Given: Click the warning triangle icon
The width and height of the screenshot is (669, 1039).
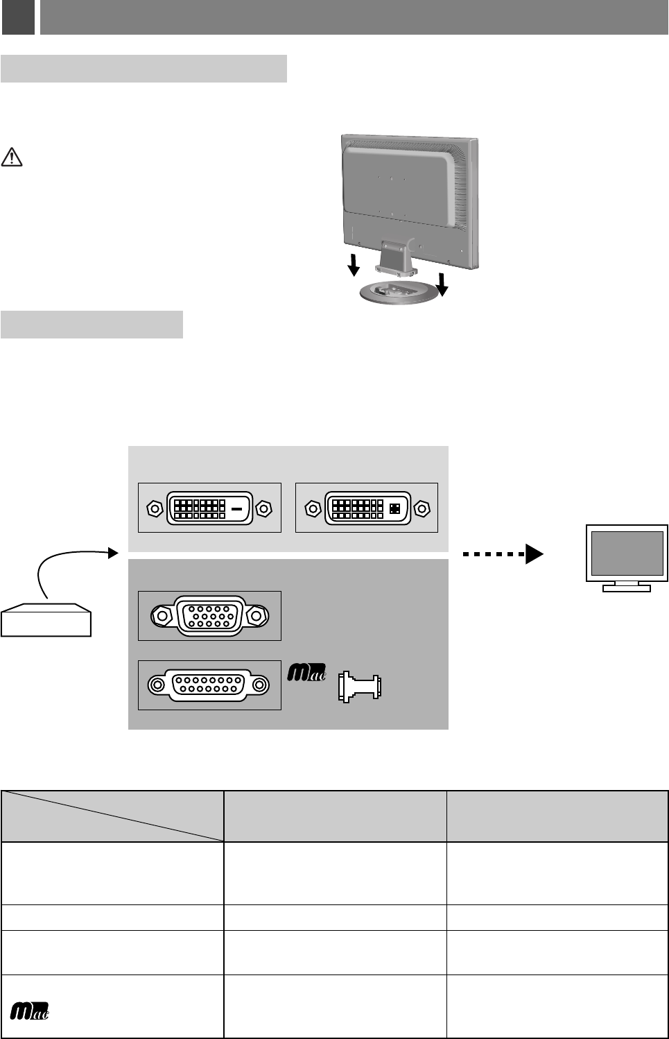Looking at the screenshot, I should click(x=12, y=157).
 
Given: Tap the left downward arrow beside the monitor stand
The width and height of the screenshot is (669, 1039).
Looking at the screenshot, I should click(x=354, y=264).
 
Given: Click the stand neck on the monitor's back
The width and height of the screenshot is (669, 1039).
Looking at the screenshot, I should click(x=396, y=252).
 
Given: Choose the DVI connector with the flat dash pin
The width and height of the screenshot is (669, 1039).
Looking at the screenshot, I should click(x=209, y=508).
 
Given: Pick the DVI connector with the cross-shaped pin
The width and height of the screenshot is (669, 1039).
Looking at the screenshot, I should click(x=367, y=508).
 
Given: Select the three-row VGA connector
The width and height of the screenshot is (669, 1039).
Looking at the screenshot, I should click(x=209, y=616).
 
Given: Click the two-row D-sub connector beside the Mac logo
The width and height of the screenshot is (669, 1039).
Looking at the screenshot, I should click(x=209, y=685).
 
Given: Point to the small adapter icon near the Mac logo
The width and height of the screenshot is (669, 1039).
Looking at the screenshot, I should click(x=359, y=687).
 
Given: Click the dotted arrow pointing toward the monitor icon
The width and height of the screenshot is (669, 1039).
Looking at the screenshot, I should click(x=503, y=554).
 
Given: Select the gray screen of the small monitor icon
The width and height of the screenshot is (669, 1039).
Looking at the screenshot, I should click(x=627, y=553).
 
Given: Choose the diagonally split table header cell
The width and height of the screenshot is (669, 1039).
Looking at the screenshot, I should click(x=112, y=816).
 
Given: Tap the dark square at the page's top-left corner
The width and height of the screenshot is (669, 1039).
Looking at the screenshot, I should click(x=18, y=17).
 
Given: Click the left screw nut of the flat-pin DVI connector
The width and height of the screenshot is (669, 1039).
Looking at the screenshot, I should click(x=155, y=508).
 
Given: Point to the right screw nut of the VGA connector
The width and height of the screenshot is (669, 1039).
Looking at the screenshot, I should click(x=258, y=615).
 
